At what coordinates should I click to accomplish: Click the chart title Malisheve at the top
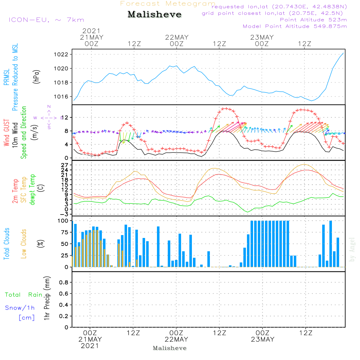[x=154, y=15]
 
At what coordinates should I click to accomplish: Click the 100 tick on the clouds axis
[x=63, y=221]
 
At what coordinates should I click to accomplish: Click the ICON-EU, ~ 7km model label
[x=46, y=20]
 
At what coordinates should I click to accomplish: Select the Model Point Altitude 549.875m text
[x=295, y=26]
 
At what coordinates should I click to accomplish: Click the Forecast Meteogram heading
[x=168, y=4]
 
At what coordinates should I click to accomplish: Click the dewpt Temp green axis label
[x=33, y=190]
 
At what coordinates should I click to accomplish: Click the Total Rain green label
[x=23, y=295]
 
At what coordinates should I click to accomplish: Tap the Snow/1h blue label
[x=20, y=308]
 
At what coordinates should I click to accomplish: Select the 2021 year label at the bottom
[x=90, y=346]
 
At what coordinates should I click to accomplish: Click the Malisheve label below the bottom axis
[x=170, y=348]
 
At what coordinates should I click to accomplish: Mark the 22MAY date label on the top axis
[x=177, y=37]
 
